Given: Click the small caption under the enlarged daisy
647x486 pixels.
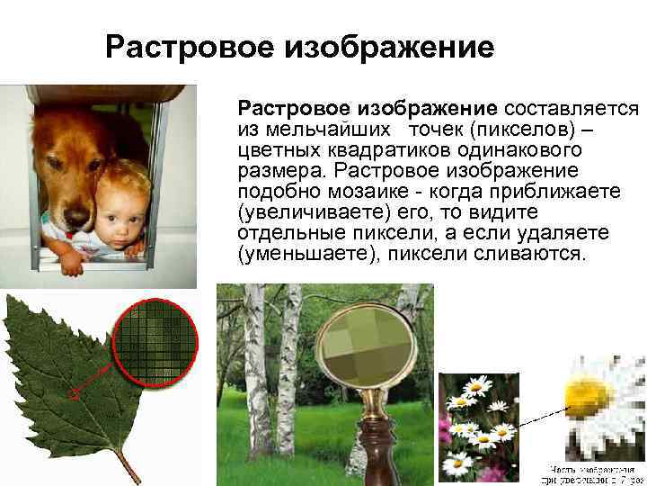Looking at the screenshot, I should coord(594,473).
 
